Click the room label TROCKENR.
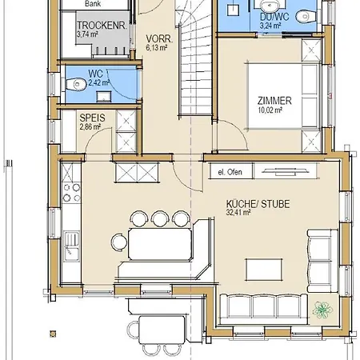pos(102,26)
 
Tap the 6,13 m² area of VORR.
pos(157,48)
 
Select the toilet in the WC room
pos(76,85)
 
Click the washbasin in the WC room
pos(104,96)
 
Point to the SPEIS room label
pos(92,118)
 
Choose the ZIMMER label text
pos(274,101)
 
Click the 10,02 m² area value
pos(270,110)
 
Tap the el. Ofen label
pos(230,172)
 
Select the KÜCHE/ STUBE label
pos(258,204)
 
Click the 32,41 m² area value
pos(238,213)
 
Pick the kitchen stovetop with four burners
pos(71,193)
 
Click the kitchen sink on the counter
pos(72,246)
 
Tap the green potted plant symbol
pos(322,310)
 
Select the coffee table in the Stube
pos(264,270)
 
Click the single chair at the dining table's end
pos(118,242)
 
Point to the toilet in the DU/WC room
pos(306,17)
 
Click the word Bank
pos(93,4)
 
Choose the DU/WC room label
pos(274,17)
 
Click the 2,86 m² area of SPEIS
pos(90,126)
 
